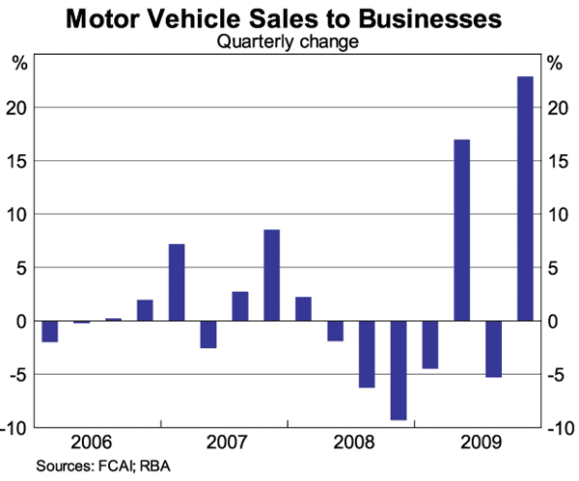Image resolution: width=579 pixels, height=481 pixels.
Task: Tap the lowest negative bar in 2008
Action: click(398, 370)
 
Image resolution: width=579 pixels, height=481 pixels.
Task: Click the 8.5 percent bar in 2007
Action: click(271, 275)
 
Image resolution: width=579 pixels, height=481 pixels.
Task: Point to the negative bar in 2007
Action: click(207, 334)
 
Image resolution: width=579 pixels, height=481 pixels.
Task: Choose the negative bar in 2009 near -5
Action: click(493, 348)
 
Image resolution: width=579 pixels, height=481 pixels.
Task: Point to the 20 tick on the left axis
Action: click(23, 107)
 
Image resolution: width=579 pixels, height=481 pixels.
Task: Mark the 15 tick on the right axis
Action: click(555, 160)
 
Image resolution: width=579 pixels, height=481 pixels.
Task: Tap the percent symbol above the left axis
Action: click(19, 64)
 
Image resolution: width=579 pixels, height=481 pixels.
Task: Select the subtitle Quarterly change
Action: click(289, 41)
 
